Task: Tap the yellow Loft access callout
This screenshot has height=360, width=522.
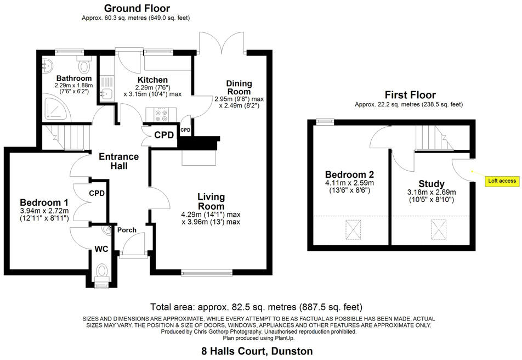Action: (502, 181)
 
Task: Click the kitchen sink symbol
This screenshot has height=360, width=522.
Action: (106, 94)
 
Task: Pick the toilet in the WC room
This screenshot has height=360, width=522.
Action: (101, 271)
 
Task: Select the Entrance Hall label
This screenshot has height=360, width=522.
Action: (118, 161)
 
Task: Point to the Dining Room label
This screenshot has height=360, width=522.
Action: (239, 87)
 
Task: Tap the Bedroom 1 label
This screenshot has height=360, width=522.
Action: (44, 201)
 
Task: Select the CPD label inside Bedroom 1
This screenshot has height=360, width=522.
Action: (98, 193)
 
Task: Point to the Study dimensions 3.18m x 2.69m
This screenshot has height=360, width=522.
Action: (432, 192)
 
